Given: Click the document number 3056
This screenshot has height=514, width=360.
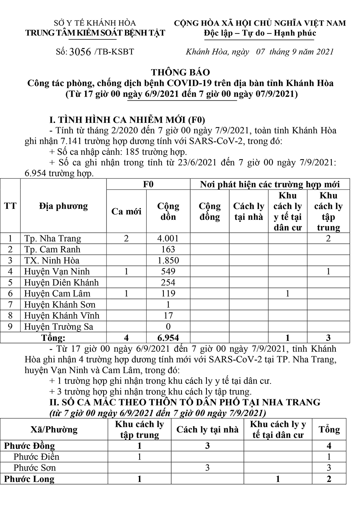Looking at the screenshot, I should [x=80, y=52].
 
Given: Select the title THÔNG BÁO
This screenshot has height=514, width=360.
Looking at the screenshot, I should [x=180, y=72].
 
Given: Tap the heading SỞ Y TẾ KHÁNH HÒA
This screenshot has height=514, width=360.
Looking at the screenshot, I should [x=95, y=23].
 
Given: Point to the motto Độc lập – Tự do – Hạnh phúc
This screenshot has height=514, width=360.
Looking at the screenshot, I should [x=260, y=33].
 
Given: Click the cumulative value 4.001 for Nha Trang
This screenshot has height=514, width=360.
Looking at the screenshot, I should [x=168, y=238].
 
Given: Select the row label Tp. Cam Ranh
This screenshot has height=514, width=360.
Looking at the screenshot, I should [x=52, y=249].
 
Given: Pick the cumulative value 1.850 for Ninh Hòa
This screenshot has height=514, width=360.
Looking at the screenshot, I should [x=168, y=260].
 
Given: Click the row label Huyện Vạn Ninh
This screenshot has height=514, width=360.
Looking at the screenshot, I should [x=57, y=271].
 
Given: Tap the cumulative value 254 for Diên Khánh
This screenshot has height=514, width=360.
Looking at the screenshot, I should [x=168, y=282].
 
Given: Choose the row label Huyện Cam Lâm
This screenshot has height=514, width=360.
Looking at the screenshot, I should [x=57, y=293].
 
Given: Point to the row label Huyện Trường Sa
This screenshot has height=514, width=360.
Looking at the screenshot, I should [x=59, y=326].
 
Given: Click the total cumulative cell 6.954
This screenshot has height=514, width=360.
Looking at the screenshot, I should [x=168, y=338].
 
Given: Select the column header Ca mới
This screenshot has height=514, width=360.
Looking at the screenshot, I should [x=126, y=211].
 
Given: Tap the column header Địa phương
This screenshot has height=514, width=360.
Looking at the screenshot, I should [x=63, y=206].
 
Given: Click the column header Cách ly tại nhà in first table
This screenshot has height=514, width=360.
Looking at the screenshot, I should [x=248, y=211].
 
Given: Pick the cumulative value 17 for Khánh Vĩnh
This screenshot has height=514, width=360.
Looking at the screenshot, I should [x=168, y=315].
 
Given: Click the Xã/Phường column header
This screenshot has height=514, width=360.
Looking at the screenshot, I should [x=54, y=429].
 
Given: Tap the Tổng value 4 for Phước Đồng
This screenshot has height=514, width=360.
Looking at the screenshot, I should [x=329, y=446].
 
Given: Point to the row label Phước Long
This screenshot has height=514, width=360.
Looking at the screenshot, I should [x=29, y=479].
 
